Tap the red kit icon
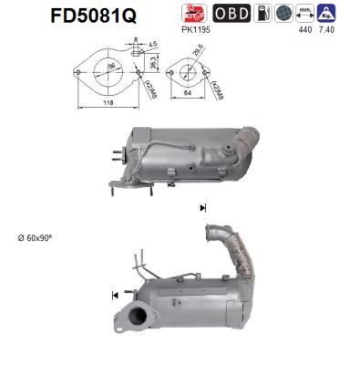coord(193,15)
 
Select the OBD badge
coord(229,15)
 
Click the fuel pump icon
coord(262,15)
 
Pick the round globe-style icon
coord(284,15)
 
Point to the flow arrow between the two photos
coord(202,208)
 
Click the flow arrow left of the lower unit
coord(115,295)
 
